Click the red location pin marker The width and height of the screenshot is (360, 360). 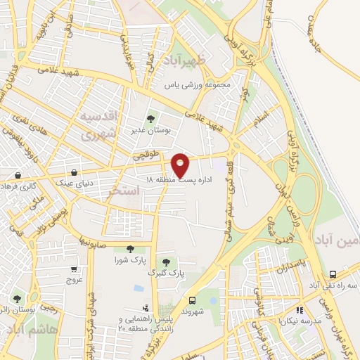pyautogui.click(x=181, y=165)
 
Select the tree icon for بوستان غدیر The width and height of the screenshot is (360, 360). pyautogui.click(x=150, y=119)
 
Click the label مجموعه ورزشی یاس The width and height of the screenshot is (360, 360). pyautogui.click(x=198, y=85)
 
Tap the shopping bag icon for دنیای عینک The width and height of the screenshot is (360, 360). pyautogui.click(x=74, y=172)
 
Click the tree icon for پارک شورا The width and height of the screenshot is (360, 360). pyautogui.click(x=129, y=248)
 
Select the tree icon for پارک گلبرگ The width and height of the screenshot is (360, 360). pyautogui.click(x=166, y=262)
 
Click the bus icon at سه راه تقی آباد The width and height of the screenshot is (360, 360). pyautogui.click(x=333, y=274)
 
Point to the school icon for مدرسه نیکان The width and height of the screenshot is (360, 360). pyautogui.click(x=299, y=309)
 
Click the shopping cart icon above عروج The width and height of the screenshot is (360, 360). pyautogui.click(x=74, y=269)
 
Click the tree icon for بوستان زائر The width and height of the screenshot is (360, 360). pyautogui.click(x=17, y=299)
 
